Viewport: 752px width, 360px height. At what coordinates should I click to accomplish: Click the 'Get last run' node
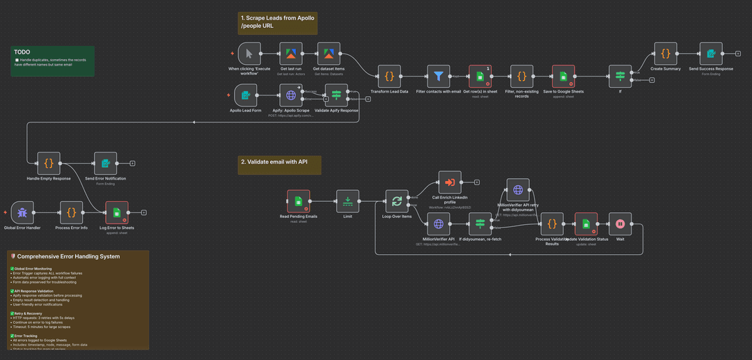click(x=291, y=54)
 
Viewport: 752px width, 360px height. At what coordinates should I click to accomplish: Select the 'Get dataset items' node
click(x=329, y=54)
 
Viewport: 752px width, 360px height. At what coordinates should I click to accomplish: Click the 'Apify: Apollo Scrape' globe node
click(x=291, y=95)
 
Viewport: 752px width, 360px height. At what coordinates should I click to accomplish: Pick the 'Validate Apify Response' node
click(x=337, y=95)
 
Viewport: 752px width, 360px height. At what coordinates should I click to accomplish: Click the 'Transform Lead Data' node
click(x=390, y=76)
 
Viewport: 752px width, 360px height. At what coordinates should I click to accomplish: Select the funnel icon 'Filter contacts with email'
click(x=439, y=76)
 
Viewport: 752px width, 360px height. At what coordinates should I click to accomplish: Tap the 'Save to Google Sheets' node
click(x=563, y=76)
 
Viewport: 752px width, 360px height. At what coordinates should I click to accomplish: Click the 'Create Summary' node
click(x=666, y=54)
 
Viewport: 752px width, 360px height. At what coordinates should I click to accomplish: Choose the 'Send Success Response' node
click(x=711, y=54)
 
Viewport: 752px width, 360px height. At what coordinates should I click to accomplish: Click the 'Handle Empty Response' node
click(x=49, y=164)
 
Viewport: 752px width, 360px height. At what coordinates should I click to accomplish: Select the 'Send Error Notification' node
click(x=105, y=164)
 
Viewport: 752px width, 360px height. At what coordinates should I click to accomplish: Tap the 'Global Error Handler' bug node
click(x=23, y=212)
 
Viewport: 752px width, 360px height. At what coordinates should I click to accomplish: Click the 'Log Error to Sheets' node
click(x=117, y=212)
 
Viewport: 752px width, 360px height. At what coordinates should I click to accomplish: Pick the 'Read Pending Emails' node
click(x=299, y=201)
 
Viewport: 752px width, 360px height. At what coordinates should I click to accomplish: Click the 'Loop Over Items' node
click(x=397, y=201)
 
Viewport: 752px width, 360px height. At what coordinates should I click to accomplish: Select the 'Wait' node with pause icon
click(x=620, y=224)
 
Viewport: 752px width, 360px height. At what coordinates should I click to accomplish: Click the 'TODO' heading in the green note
click(x=22, y=52)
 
